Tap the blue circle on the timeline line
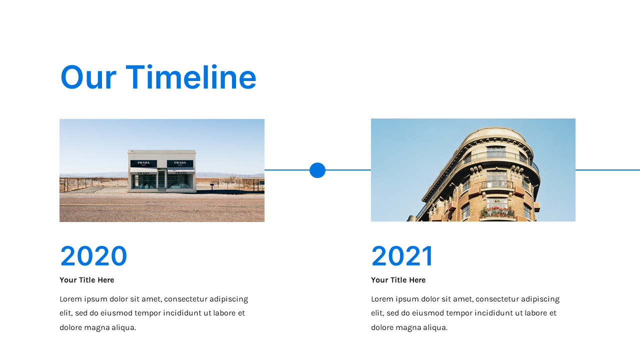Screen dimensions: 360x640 [x=317, y=170]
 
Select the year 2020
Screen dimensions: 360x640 [x=93, y=256]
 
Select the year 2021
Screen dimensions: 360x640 [x=402, y=256]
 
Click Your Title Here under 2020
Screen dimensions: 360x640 [x=86, y=280]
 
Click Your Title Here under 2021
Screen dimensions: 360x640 [x=398, y=280]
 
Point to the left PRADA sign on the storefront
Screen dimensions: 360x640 [x=143, y=163]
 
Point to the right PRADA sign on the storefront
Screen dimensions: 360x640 [x=180, y=163]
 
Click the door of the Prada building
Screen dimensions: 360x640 [x=161, y=180]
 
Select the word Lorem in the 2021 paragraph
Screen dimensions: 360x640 [x=382, y=299]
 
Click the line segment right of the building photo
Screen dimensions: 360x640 [x=607, y=170]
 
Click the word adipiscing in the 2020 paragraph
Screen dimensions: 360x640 [x=228, y=299]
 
